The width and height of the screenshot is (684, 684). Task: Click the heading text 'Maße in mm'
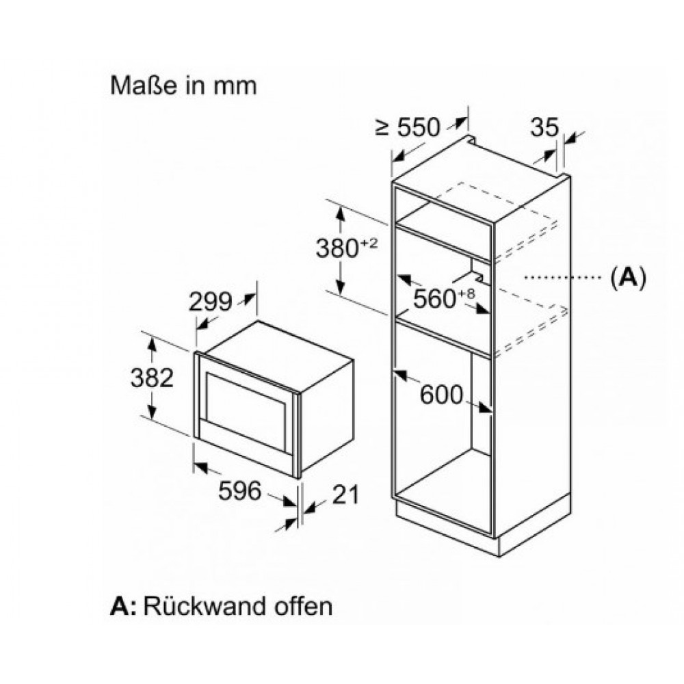(x=183, y=85)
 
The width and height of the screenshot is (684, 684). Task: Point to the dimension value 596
(x=240, y=490)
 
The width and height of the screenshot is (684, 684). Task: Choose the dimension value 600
(x=441, y=395)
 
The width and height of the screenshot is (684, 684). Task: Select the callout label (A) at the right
(x=627, y=277)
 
